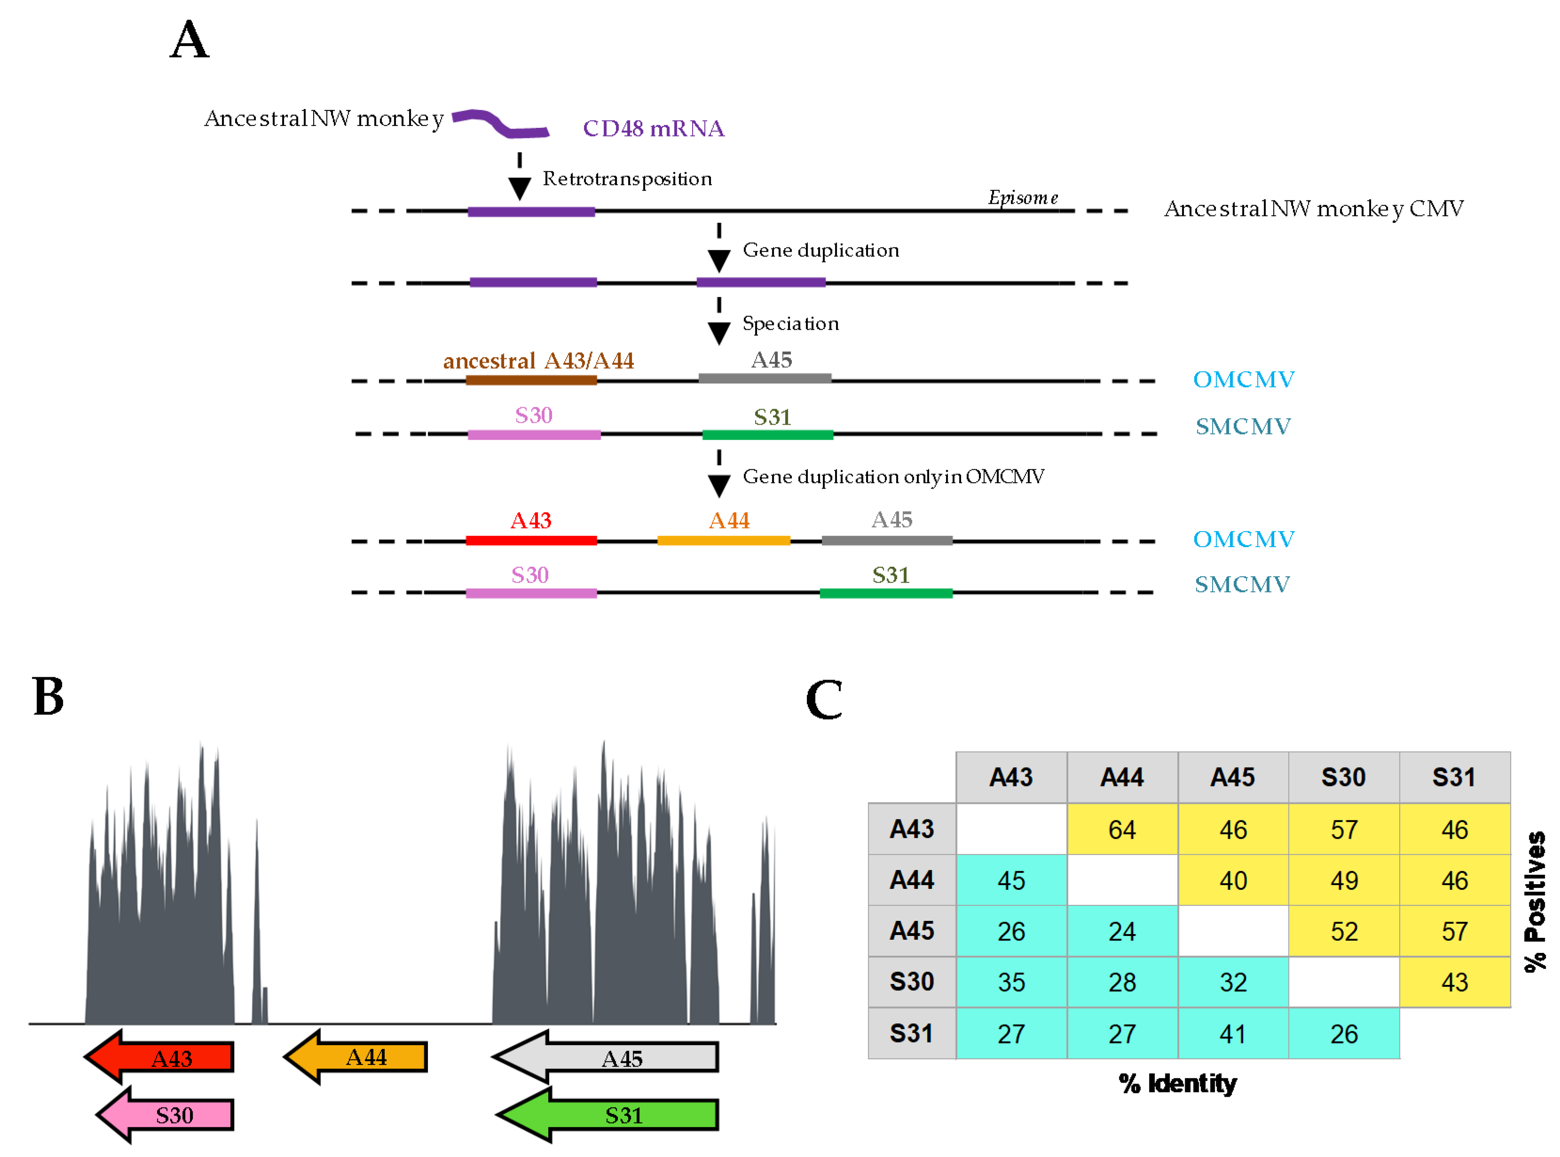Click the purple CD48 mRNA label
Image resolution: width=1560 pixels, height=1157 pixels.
pos(653,129)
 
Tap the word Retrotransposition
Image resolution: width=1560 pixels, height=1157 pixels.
pos(627,179)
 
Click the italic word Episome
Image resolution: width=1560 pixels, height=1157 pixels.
pos(1022,198)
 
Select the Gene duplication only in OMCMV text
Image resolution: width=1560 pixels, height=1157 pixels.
pos(893,477)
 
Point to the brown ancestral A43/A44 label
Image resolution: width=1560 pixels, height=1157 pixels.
pos(538,361)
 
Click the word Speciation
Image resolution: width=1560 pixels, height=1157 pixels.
pos(790,324)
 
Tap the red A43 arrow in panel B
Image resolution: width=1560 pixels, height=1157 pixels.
pos(161,1057)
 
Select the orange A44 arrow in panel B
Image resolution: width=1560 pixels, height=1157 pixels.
pos(357,1057)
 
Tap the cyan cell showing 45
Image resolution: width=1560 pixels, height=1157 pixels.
pos(1010,880)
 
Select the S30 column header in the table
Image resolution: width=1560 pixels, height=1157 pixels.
pos(1343,777)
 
